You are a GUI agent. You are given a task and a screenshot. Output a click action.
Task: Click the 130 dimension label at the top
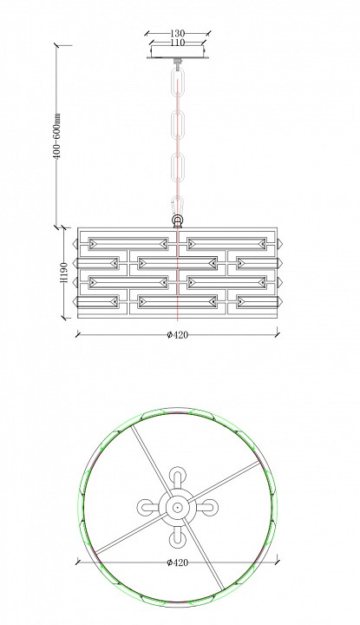pos(177,34)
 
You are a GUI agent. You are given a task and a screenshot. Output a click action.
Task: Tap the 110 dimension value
pos(177,42)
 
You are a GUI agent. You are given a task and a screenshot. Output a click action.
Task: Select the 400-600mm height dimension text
pos(57,136)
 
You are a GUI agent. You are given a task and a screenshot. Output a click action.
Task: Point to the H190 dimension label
pos(63,273)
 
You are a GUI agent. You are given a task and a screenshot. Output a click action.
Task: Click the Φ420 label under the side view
pos(177,335)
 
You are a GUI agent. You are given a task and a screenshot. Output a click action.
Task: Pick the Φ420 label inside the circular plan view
pos(177,562)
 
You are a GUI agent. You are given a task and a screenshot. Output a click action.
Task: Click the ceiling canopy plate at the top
pos(178,52)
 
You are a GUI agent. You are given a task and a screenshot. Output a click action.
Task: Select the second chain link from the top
pos(178,125)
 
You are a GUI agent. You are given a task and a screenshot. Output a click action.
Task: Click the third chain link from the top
pos(178,168)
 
